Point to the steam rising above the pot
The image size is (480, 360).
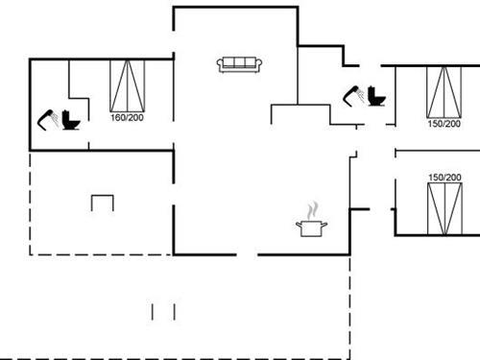311,209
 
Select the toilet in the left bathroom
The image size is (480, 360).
70,122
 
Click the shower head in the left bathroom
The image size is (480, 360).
46,119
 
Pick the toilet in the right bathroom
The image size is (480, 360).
374,98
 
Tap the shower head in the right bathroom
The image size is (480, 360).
352,94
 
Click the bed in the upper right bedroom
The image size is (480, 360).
444,92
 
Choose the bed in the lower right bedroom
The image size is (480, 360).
444,210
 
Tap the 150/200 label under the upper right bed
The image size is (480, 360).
444,124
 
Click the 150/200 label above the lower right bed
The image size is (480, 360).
444,178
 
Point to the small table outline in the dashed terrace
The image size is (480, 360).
103,203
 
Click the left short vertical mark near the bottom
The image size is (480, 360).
154,311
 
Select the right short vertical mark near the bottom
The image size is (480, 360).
175,311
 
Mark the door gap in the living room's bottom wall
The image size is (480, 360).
247,254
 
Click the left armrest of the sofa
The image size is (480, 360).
221,65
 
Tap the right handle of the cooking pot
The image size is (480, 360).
326,225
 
